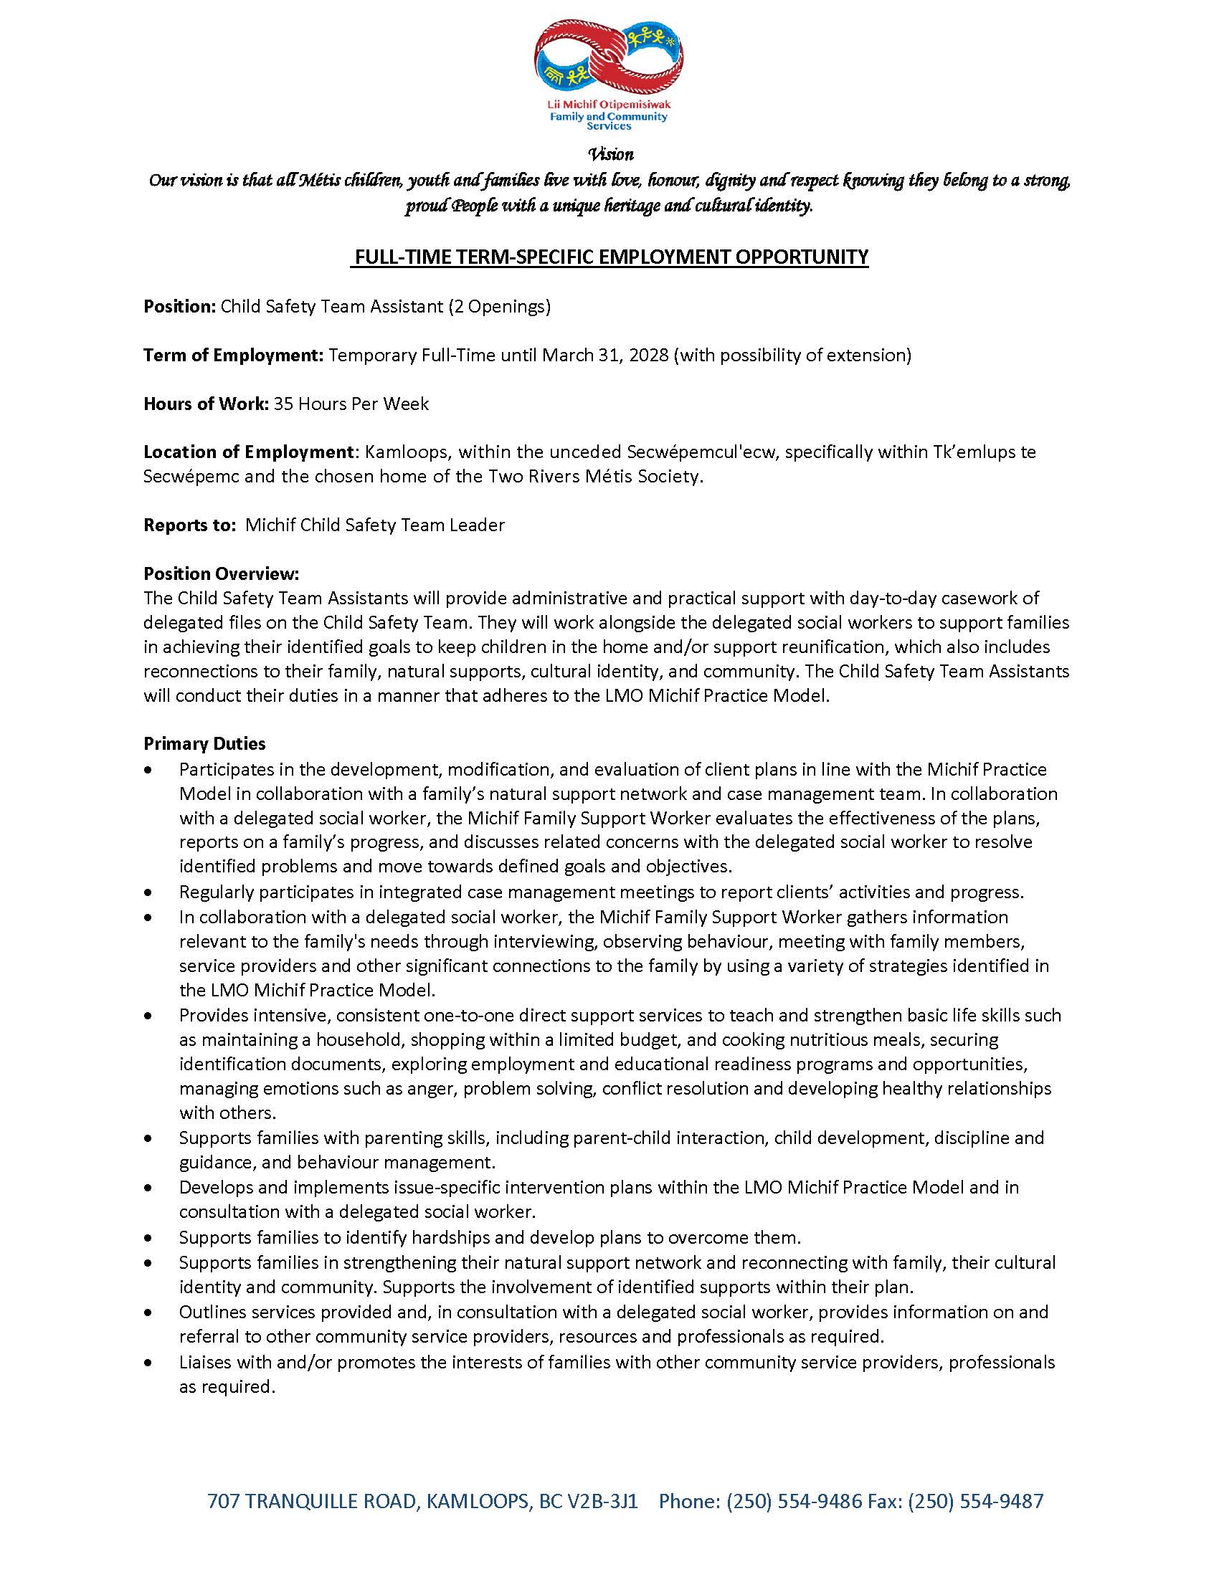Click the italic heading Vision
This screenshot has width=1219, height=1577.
coord(610,154)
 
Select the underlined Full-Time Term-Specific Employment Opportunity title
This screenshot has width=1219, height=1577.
coord(609,257)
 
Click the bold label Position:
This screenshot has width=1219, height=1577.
coord(180,306)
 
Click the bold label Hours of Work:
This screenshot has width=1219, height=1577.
coord(207,404)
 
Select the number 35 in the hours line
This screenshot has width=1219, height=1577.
coord(283,404)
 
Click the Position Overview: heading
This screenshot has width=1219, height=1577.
coord(221,574)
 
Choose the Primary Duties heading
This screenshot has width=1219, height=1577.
coord(204,744)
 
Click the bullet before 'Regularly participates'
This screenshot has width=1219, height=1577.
coord(148,893)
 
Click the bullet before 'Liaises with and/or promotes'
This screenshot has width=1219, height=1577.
coord(148,1363)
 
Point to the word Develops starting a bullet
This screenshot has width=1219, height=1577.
coord(210,1187)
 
